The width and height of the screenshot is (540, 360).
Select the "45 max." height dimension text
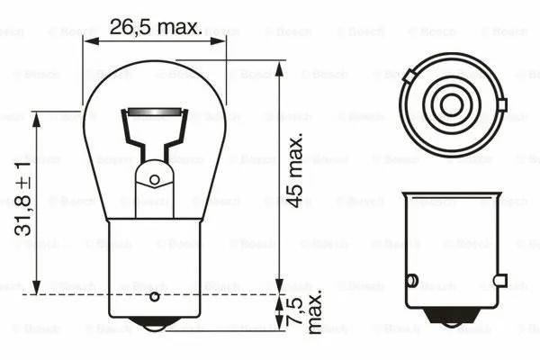[295, 171]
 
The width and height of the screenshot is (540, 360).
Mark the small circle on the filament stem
[154, 179]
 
